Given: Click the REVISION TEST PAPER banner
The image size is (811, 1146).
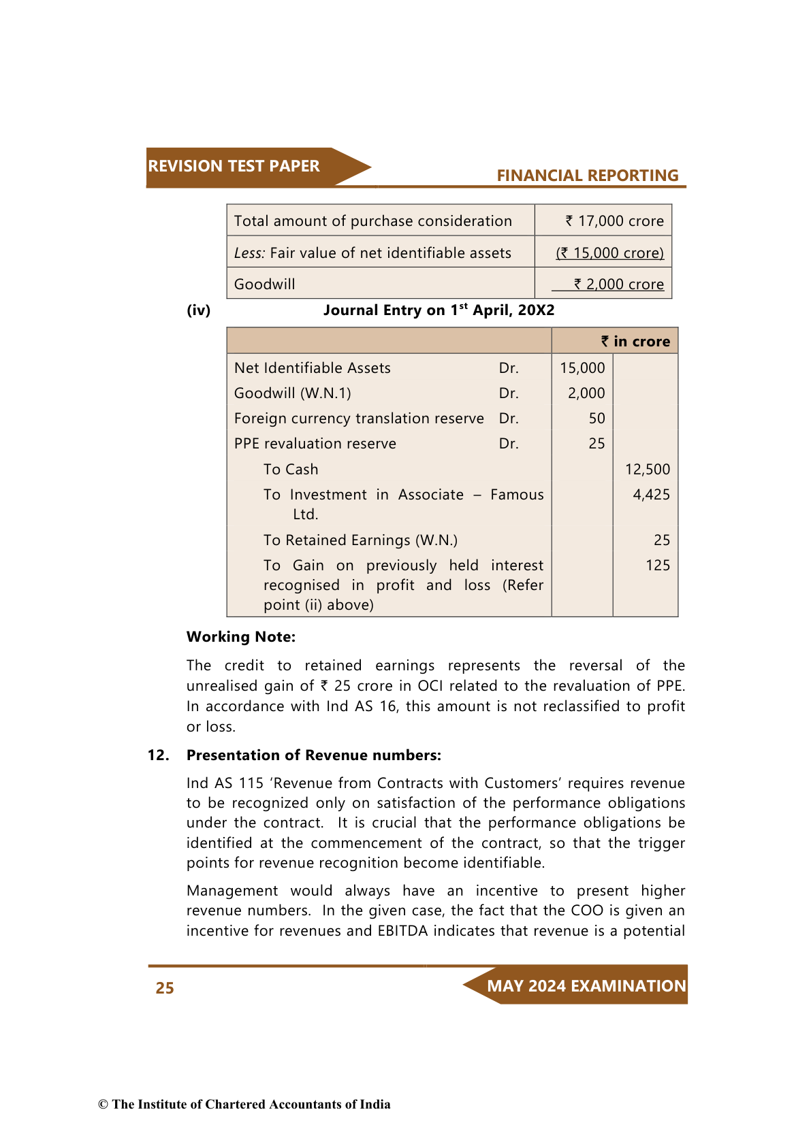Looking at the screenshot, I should point(234,166).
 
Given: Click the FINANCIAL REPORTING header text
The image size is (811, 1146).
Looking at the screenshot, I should point(587,176).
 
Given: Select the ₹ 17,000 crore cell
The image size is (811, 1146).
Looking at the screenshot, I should point(614,221).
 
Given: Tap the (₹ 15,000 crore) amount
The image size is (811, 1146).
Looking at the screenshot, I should point(609,253).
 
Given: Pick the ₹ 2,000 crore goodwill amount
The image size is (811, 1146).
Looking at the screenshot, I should point(618,284).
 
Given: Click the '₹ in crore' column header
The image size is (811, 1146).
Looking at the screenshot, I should point(635,342).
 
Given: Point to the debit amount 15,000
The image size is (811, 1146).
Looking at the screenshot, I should point(582,368).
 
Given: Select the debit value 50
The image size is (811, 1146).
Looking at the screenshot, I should point(597,419).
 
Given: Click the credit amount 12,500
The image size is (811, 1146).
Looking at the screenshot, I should point(647,470).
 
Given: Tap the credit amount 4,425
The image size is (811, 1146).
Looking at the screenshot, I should point(651,495).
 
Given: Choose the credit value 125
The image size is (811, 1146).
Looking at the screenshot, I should point(657,566).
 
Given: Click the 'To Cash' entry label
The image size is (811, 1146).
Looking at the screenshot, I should point(291,470).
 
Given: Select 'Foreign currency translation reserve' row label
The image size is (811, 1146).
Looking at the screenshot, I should point(359,419).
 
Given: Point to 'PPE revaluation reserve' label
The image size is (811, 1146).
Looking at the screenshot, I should point(315,444).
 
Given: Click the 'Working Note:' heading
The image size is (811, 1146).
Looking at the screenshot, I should point(241,637).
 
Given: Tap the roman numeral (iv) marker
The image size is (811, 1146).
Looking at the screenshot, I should point(199,310).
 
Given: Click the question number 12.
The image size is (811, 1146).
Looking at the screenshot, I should point(158,755).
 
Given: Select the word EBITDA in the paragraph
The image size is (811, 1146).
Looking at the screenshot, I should point(402,931).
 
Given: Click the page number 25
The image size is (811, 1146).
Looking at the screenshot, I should point(165,988).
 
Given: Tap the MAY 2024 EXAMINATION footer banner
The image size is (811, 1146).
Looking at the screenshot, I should point(586,986).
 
